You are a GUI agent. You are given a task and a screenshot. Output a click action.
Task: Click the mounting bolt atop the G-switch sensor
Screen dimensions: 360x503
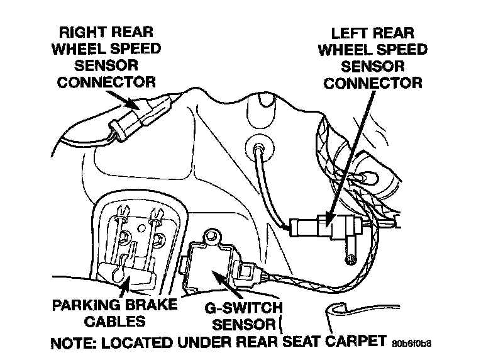pos(212,237)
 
